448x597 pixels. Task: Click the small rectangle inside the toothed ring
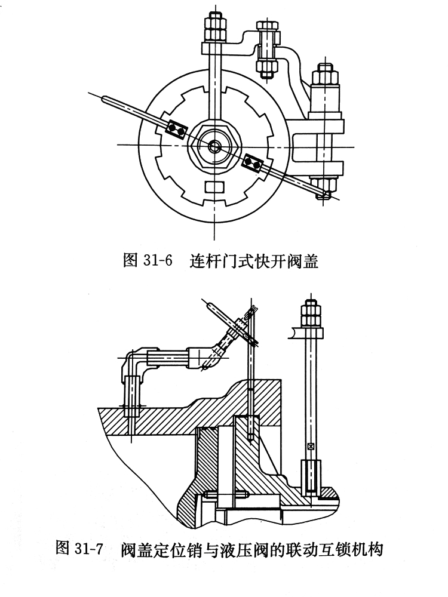[214, 187]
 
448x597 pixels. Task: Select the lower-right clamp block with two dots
[253, 162]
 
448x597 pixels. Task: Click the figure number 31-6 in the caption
[158, 261]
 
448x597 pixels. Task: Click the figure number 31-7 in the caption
[89, 549]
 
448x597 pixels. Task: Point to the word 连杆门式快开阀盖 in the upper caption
[254, 261]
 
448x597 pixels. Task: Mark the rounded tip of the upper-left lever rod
[104, 99]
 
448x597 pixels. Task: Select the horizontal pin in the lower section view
[226, 494]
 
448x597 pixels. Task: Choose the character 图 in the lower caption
[62, 549]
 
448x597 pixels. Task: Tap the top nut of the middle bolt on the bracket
[268, 27]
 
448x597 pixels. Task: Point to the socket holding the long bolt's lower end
[311, 478]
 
